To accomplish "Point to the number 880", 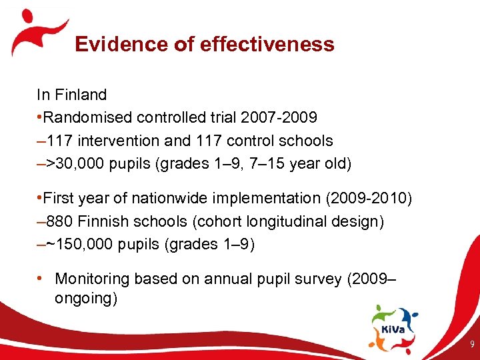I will pos(59,221).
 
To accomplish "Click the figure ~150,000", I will pos(83,244).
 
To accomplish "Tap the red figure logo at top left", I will pos(37,30).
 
